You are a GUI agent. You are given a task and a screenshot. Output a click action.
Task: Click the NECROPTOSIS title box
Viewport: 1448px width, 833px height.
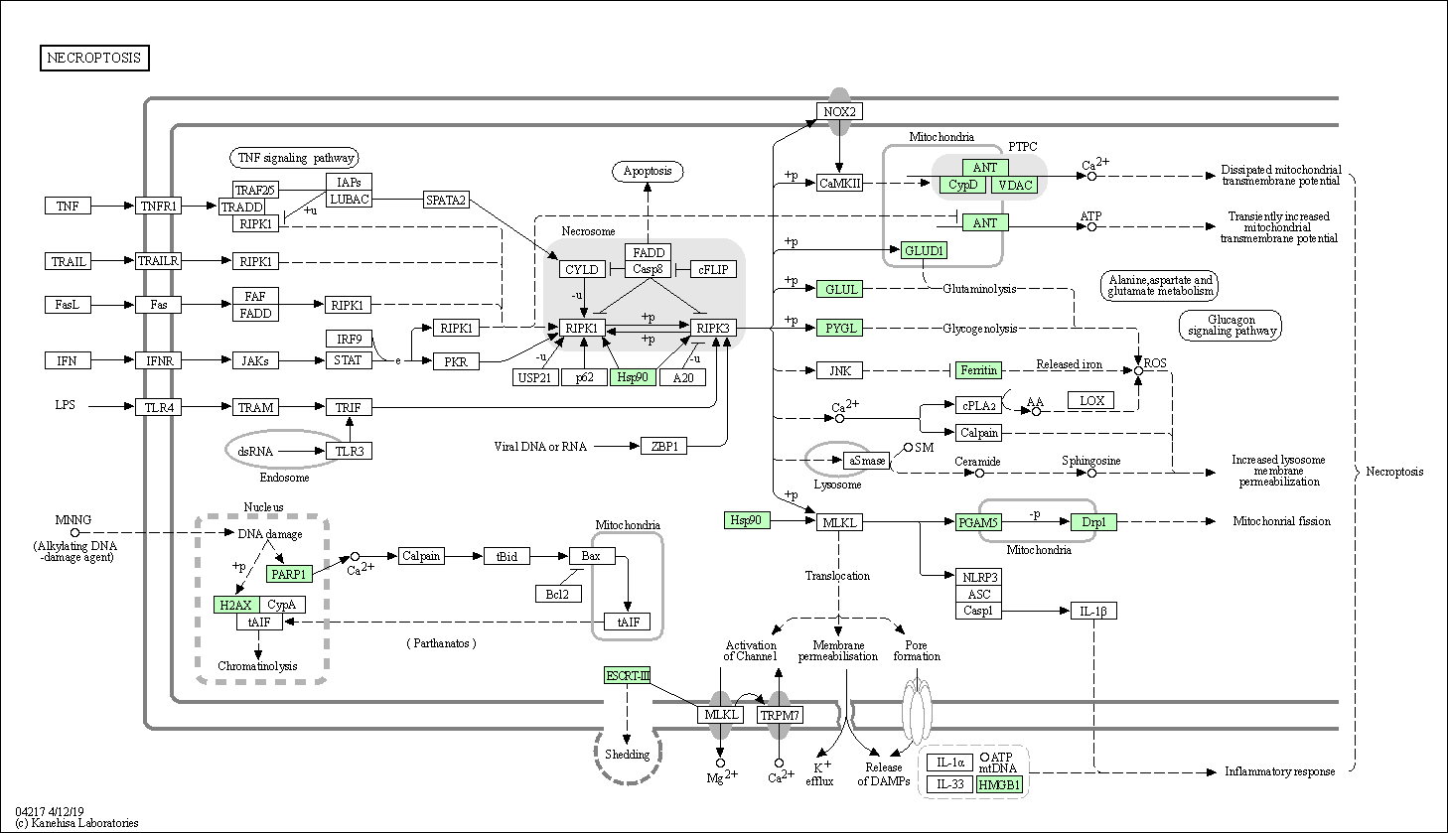pos(94,58)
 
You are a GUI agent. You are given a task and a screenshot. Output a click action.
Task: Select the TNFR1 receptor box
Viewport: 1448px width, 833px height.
pos(158,207)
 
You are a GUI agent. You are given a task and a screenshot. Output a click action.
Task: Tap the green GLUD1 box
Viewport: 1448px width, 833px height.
pos(924,250)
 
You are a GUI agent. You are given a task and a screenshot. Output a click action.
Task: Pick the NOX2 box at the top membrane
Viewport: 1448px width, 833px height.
pos(839,111)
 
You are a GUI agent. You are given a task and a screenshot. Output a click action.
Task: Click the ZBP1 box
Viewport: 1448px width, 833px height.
pos(663,446)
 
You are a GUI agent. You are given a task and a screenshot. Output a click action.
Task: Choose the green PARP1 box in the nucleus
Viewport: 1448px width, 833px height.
pos(289,574)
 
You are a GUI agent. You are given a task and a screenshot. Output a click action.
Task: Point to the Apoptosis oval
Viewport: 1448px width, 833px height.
pos(648,171)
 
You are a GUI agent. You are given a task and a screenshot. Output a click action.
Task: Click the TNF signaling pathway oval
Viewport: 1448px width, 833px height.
pos(295,158)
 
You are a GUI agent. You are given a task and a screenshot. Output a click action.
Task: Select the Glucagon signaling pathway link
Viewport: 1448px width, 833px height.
pos(1231,325)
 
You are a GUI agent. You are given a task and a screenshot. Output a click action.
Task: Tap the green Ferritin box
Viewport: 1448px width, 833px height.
pos(978,370)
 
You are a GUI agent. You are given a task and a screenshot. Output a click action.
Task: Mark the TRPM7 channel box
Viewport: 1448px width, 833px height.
pos(780,715)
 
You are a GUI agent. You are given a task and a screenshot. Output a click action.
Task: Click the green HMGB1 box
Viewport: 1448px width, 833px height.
pos(999,784)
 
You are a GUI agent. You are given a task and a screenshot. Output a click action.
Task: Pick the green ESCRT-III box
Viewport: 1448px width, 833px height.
pos(627,676)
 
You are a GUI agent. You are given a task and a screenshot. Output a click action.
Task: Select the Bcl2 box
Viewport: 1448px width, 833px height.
pos(558,594)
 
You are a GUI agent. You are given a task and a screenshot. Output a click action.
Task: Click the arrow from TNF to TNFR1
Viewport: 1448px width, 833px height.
pos(112,207)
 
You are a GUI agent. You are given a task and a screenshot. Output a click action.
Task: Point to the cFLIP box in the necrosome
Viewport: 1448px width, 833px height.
pos(713,269)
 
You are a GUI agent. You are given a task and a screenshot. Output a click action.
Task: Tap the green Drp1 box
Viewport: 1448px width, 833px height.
pos(1093,522)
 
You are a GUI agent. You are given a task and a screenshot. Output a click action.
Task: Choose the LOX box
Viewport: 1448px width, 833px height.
pos(1091,401)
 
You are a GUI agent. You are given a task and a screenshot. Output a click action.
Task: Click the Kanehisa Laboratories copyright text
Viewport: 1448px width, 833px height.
pos(76,823)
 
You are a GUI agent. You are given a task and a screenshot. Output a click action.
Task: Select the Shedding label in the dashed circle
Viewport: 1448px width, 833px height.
pos(627,755)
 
